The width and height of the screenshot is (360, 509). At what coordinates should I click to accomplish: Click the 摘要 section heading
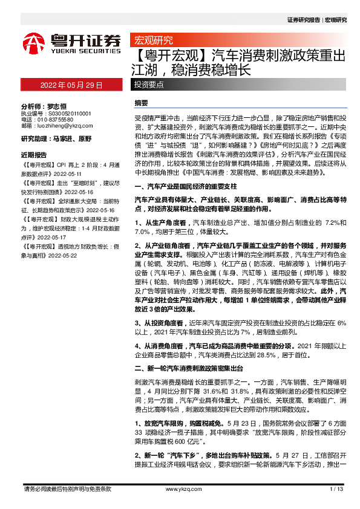coord(141,103)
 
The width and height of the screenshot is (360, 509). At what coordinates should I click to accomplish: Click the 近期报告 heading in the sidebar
coord(33,154)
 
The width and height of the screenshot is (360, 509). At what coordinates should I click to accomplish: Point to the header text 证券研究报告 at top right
coord(304,19)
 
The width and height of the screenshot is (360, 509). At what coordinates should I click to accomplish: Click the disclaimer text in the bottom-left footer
coord(66,488)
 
